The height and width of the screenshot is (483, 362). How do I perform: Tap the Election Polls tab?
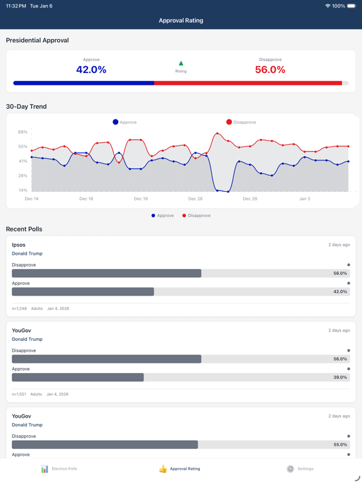59,469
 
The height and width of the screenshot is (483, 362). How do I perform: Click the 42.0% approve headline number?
91,70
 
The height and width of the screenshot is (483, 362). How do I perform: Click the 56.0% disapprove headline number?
270,70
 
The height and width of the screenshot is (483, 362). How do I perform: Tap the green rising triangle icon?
181,64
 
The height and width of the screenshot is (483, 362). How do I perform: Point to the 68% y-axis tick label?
23,132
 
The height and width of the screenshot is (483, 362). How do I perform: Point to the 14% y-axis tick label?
23,190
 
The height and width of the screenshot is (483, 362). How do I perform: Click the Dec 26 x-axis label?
195,199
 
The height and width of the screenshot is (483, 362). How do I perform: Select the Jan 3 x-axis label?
304,199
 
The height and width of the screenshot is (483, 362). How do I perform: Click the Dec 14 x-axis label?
31,199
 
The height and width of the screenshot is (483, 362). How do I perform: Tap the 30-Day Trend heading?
26,107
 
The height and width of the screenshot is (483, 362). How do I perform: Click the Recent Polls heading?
24,229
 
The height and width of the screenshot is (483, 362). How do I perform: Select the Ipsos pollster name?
19,245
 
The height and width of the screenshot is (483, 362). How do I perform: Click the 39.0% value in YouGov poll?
339,377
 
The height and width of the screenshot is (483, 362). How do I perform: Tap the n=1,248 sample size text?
19,309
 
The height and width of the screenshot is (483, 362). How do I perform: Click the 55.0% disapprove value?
339,445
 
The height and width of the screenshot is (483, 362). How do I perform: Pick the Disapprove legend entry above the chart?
241,122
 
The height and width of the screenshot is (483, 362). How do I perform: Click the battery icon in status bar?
351,6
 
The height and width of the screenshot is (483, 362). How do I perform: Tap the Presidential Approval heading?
37,40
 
